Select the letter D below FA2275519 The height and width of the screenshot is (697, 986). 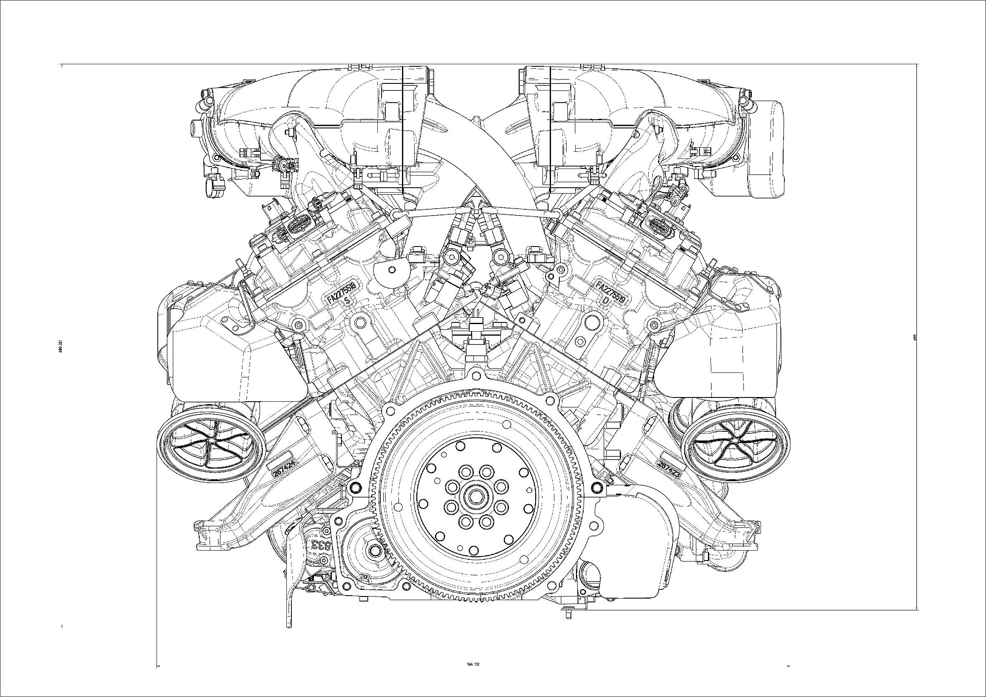point(606,301)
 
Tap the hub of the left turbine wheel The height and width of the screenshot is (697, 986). point(211,444)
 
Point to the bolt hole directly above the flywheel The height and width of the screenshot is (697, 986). point(475,376)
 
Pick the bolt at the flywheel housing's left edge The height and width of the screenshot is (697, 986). point(355,487)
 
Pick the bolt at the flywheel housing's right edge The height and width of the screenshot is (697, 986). point(597,487)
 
